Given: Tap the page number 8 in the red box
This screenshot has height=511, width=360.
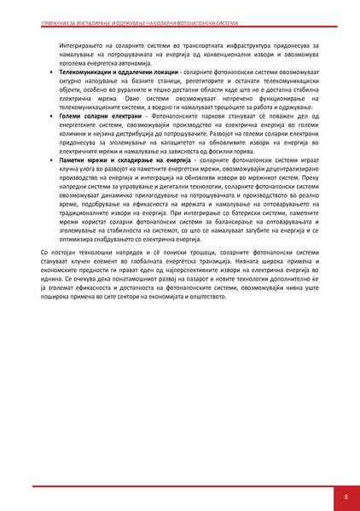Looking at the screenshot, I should point(345,496).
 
